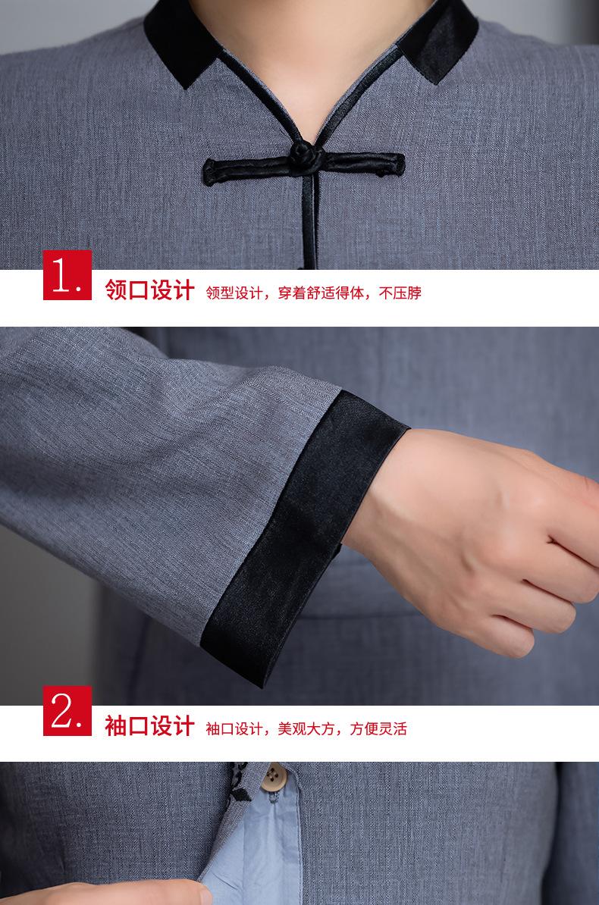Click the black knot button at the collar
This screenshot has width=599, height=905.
304,156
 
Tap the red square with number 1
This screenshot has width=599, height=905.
67,274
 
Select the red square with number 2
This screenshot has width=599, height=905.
67,710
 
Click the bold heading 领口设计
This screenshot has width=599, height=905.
149,290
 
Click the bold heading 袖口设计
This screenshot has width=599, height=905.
149,725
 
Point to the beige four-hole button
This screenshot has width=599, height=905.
273,778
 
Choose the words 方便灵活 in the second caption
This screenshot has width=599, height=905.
378,728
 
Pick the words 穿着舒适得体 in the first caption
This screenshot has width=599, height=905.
321,293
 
